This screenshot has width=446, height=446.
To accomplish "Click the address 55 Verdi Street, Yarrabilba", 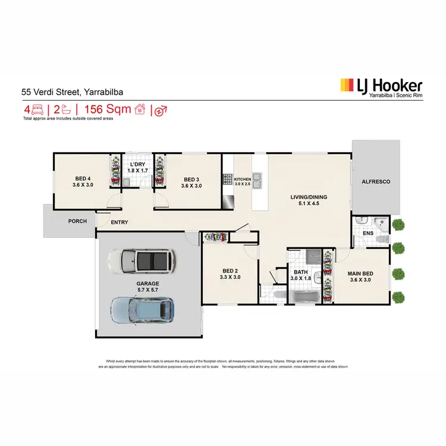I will pos(73,92).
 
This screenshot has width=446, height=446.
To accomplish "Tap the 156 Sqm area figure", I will pos(107,109).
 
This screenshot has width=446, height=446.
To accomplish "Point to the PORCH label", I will pos(77,221).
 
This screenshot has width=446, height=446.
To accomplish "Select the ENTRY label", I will pos(120,222).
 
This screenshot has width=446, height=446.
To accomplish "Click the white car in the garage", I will pos(143,260).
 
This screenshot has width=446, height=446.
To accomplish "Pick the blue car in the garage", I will pos(143,308).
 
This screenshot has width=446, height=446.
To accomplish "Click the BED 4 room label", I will pos(83,182).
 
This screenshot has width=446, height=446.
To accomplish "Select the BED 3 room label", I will pos(191,182).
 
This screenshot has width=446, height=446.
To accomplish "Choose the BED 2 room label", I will pos(230,273).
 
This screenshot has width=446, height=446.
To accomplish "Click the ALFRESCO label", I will pos(376,181).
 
